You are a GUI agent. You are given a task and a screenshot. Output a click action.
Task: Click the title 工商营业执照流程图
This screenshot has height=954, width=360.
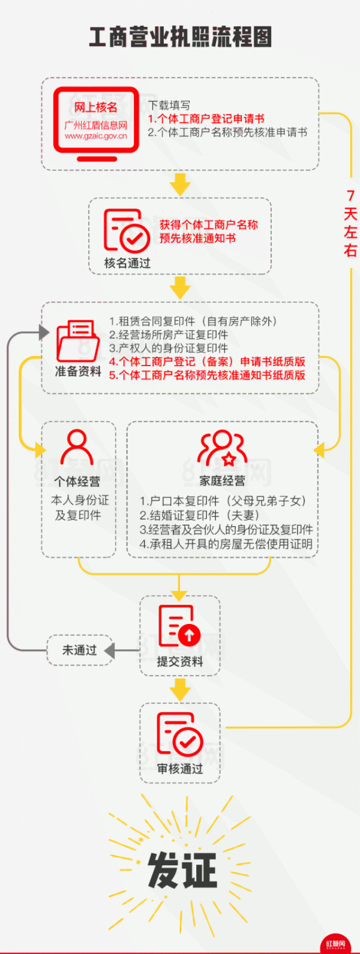[x=180, y=37]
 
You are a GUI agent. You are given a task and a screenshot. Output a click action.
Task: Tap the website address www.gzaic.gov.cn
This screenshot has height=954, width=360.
[x=96, y=136]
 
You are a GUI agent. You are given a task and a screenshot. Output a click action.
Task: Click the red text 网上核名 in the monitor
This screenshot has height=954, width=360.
[x=96, y=107]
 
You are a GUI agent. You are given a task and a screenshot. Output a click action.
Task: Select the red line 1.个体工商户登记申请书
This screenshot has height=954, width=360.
[x=206, y=118]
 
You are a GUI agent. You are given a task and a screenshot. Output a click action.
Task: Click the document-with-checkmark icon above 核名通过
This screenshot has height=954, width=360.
[x=127, y=230]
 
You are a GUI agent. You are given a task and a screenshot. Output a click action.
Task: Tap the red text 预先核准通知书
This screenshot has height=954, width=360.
[x=197, y=238]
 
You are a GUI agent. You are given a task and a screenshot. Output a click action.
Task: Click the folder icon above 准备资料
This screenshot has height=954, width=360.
[x=78, y=341]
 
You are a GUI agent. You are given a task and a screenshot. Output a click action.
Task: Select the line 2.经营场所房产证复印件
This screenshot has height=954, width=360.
[x=169, y=335]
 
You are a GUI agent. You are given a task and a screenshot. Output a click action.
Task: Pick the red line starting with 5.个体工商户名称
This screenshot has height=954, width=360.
[x=207, y=375]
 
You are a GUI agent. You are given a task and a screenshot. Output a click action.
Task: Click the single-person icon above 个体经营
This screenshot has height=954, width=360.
[x=77, y=448]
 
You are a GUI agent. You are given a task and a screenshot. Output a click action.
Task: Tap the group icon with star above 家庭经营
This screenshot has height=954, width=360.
[x=223, y=448]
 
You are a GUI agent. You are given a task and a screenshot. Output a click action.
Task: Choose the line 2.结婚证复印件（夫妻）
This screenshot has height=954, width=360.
[x=200, y=515]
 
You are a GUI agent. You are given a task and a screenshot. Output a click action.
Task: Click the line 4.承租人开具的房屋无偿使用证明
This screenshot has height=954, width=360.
[x=226, y=544]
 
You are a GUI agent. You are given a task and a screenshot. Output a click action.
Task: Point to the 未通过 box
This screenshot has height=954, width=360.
[x=80, y=650]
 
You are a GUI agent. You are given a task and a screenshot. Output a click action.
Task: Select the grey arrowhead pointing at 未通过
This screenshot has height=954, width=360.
[x=109, y=650]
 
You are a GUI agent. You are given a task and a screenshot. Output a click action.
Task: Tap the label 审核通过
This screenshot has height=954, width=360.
[x=180, y=769]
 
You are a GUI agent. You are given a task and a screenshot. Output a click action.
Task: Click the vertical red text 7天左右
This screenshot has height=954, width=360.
[x=350, y=223]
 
